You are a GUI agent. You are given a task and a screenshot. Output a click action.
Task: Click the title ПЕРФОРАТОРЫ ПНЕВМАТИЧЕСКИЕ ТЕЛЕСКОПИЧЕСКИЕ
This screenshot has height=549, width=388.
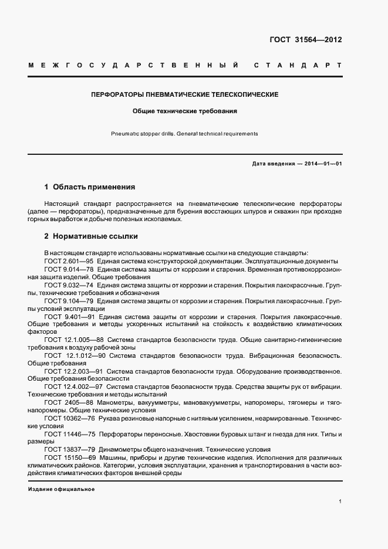coord(185,94)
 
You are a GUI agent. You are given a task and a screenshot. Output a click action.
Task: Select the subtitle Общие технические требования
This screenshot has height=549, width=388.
coord(185,110)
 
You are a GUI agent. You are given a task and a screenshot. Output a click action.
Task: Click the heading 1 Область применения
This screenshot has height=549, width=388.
coord(90,187)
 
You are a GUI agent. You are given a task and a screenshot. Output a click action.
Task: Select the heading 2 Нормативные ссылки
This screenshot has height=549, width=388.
coord(91,237)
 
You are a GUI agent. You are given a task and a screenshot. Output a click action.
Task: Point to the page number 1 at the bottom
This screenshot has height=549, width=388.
coord(340,501)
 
